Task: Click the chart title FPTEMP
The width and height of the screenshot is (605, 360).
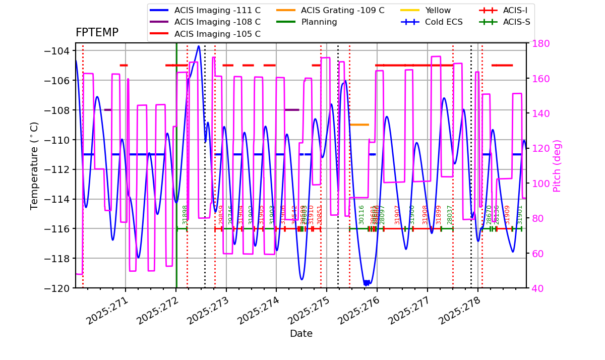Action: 97,33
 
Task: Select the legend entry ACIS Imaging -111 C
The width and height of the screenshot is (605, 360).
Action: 217,10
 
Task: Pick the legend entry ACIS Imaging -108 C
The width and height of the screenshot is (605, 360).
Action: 217,22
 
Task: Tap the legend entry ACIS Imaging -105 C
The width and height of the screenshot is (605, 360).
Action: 217,34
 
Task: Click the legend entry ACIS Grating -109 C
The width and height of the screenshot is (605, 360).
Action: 342,10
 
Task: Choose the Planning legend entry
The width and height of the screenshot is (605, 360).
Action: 319,22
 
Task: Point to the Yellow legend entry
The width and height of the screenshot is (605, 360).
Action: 438,10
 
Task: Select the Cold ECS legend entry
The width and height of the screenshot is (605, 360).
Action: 444,22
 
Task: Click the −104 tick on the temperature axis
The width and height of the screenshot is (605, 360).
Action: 56,51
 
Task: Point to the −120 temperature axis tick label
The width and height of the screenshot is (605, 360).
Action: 56,288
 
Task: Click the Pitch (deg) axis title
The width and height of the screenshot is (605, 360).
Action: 557,165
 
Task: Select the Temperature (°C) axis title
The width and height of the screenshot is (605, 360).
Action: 34,165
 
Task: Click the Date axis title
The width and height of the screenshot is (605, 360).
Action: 301,334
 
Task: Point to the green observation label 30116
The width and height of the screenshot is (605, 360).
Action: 361,214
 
